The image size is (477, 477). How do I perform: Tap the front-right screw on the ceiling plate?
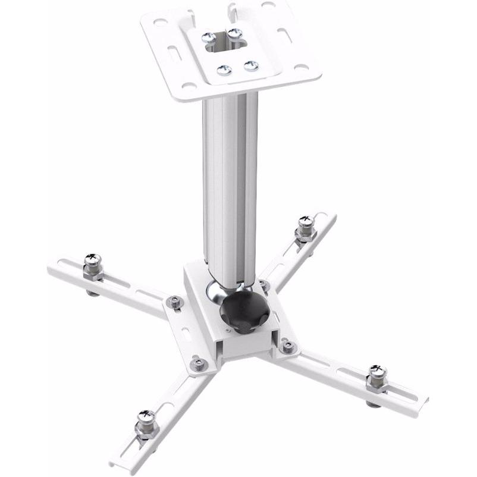(x=251, y=65)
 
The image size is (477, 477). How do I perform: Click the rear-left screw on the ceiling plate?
(x=209, y=38)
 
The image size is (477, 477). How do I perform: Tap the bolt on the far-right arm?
(x=377, y=379)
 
